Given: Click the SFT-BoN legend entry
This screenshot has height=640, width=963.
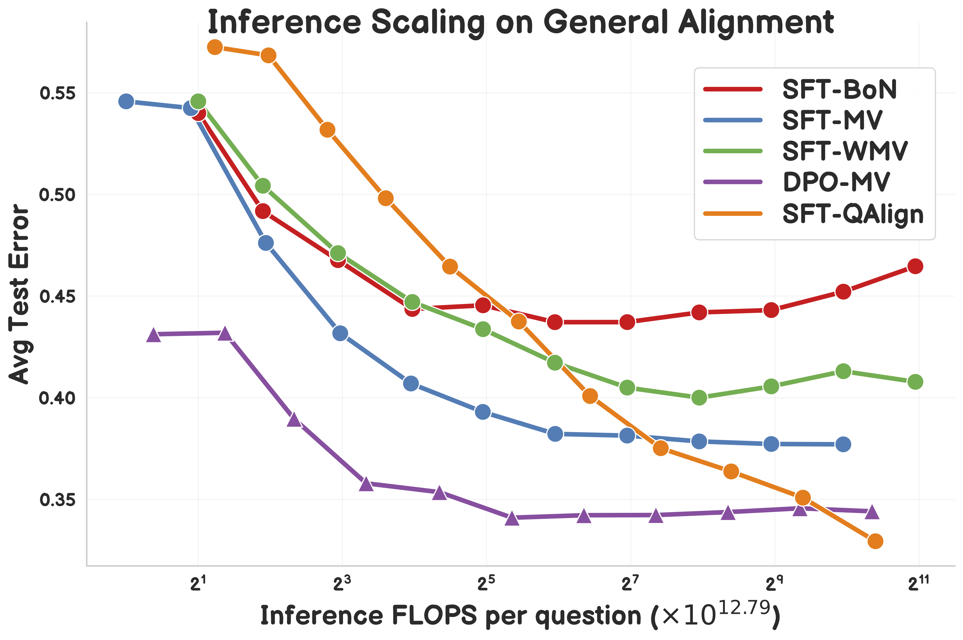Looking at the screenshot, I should click(x=839, y=89).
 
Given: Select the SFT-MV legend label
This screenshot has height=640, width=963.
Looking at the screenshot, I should click(x=832, y=120).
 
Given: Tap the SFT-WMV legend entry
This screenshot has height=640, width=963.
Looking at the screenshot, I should click(x=845, y=151).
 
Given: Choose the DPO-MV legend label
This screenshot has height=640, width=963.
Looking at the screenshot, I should click(x=836, y=182).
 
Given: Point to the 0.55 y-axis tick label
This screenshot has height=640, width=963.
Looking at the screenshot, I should click(x=52, y=93).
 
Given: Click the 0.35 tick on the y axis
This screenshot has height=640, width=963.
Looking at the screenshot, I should click(x=52, y=500).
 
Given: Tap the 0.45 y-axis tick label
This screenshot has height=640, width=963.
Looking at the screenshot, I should click(x=52, y=296).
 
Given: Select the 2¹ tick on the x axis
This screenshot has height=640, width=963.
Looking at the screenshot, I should click(x=198, y=585).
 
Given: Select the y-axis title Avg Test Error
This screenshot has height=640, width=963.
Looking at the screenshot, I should click(x=19, y=294).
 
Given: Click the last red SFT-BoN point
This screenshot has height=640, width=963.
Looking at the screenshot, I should click(x=915, y=266).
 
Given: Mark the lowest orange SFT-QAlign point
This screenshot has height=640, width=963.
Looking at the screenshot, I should click(x=875, y=541).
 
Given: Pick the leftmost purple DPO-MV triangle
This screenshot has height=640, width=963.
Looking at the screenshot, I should click(x=153, y=335).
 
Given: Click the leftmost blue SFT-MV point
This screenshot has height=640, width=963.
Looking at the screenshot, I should click(x=127, y=101).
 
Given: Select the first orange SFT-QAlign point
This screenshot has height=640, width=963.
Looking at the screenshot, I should click(x=215, y=47).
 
